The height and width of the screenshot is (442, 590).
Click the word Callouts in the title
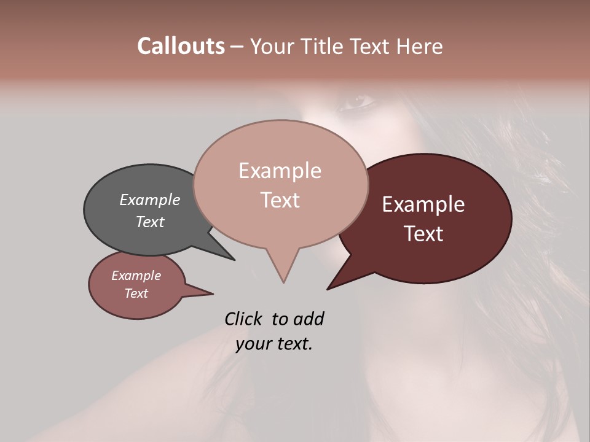click(x=181, y=46)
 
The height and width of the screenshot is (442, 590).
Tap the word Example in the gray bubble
click(x=149, y=200)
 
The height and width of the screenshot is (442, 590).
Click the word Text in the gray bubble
click(x=149, y=222)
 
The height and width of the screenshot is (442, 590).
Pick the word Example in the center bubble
click(x=280, y=171)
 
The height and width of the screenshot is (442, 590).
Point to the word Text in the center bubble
click(x=280, y=200)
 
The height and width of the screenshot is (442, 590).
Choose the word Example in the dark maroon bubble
click(x=423, y=204)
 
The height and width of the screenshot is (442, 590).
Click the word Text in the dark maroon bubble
click(x=423, y=234)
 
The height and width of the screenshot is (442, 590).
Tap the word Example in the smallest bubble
click(x=136, y=276)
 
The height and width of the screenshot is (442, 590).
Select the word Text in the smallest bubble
click(x=136, y=293)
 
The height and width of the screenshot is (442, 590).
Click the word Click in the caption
click(x=244, y=319)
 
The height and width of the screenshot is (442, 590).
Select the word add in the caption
click(x=309, y=319)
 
